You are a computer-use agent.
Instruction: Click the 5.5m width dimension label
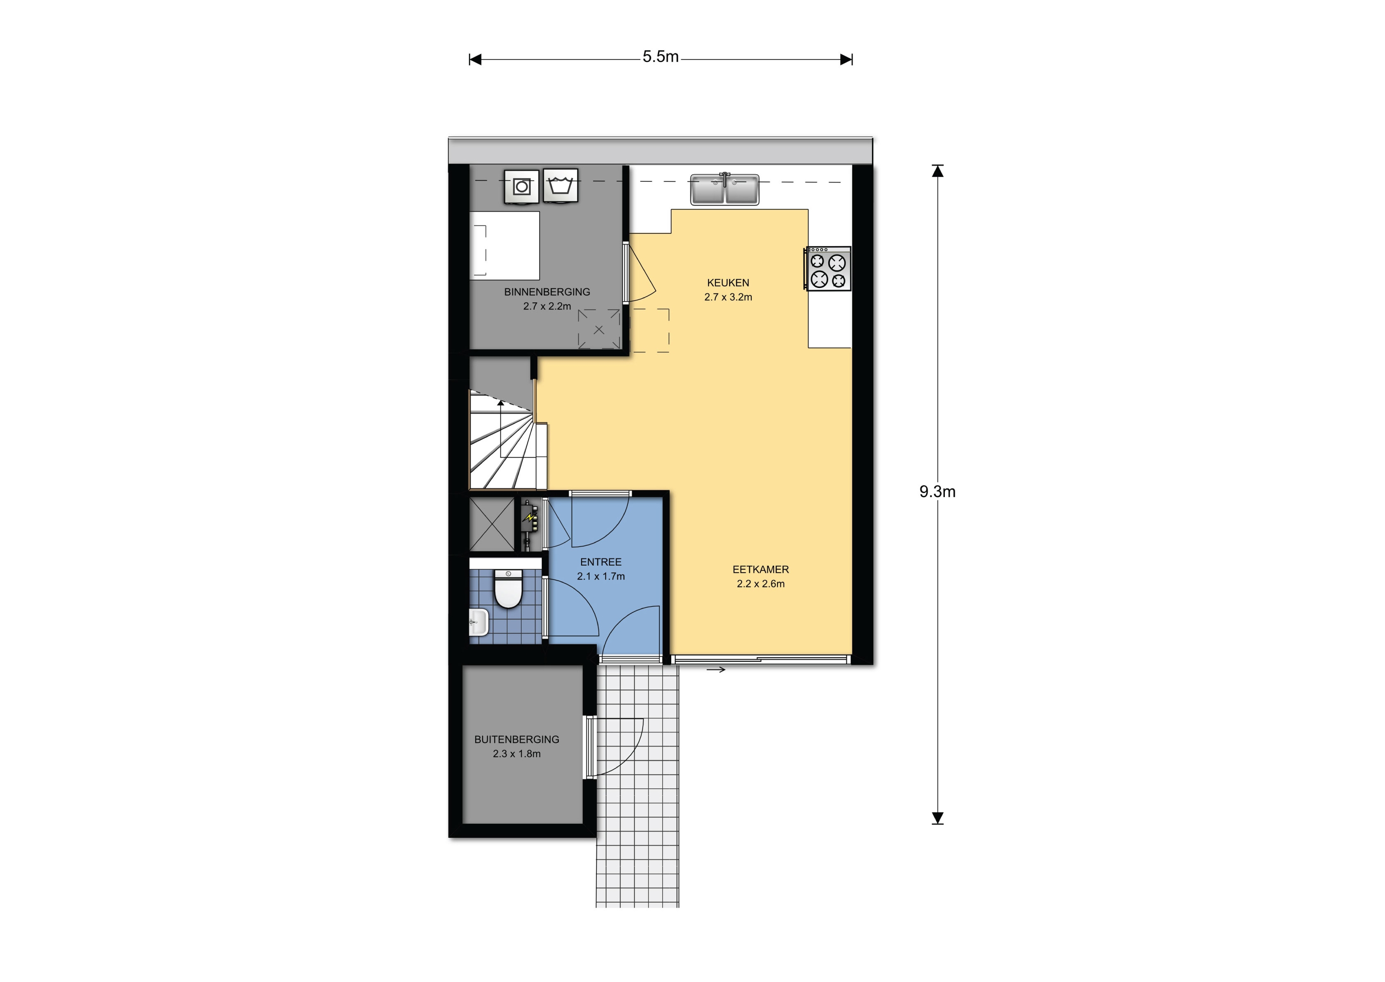point(660,57)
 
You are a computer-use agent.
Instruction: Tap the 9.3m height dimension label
point(937,492)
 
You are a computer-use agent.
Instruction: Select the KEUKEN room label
point(728,283)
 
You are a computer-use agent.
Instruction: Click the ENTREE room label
point(601,562)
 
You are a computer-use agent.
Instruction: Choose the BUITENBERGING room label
point(517,739)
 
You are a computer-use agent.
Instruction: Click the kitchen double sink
point(725,189)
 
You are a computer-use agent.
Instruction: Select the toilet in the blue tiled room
point(508,589)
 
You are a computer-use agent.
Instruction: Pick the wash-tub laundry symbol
point(560,185)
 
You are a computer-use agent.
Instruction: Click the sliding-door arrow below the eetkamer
point(715,669)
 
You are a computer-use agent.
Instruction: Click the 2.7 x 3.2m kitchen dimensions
point(728,297)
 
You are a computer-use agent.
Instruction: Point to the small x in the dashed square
point(599,330)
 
